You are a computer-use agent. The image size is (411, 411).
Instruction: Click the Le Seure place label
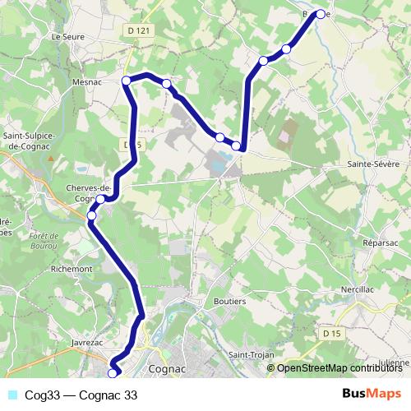(x=67, y=37)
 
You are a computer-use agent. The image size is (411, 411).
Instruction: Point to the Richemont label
(x=94, y=268)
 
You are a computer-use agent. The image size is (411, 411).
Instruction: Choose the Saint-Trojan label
(x=251, y=355)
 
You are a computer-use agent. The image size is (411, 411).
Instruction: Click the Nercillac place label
(x=358, y=291)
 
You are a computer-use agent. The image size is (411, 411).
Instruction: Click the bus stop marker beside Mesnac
(x=127, y=80)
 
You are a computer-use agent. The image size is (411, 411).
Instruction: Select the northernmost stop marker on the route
(x=321, y=14)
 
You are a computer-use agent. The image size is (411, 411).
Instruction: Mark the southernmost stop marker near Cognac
(x=113, y=373)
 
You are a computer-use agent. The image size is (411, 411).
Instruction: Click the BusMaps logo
(x=372, y=395)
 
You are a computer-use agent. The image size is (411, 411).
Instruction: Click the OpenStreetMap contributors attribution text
(x=341, y=367)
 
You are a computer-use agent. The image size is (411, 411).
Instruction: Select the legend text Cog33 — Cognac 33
(x=81, y=395)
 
